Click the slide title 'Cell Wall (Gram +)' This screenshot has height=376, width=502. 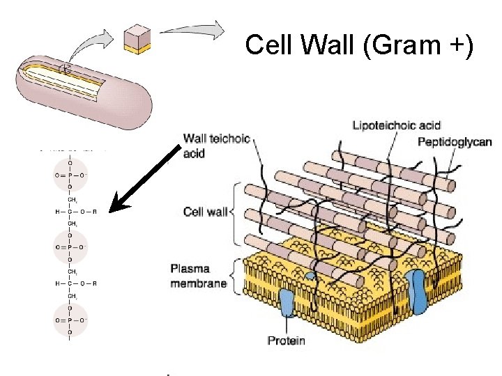point(359,46)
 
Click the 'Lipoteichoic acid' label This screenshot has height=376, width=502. point(397,125)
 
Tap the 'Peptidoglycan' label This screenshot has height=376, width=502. point(455,142)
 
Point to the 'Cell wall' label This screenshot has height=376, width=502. point(204,211)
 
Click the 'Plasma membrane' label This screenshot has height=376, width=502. point(198,276)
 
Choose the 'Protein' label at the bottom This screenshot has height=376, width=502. point(287,340)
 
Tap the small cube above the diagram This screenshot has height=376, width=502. point(137,40)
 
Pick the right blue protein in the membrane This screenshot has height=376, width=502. point(418,291)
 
